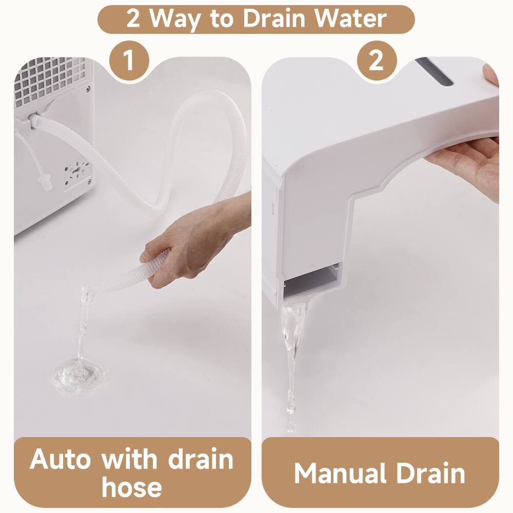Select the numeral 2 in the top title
[133, 19]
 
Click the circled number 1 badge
[129, 61]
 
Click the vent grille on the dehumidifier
[51, 82]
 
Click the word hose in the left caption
[132, 486]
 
